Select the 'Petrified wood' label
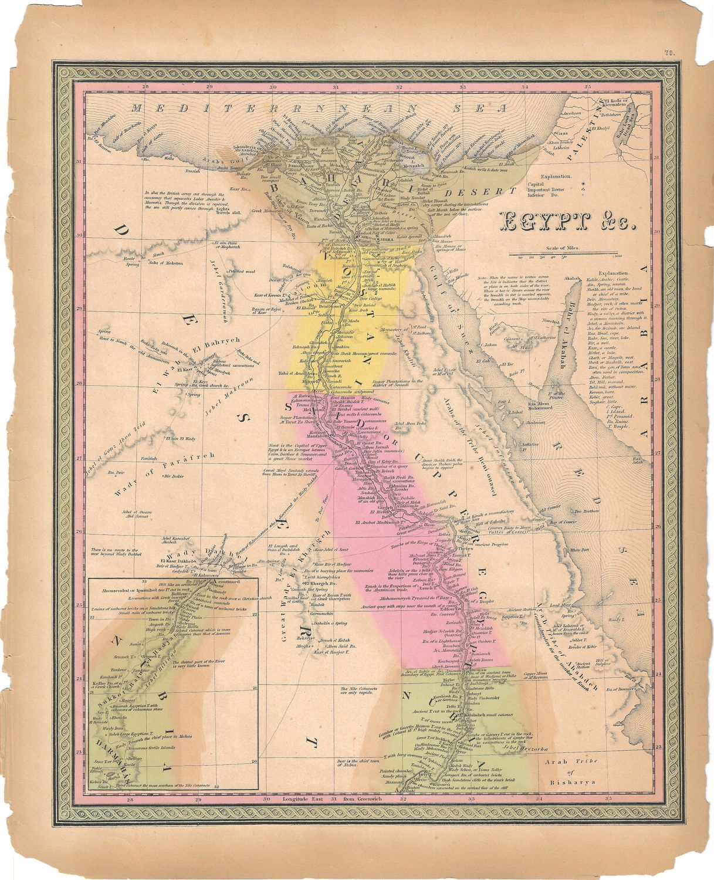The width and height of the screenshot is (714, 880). (242, 271)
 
